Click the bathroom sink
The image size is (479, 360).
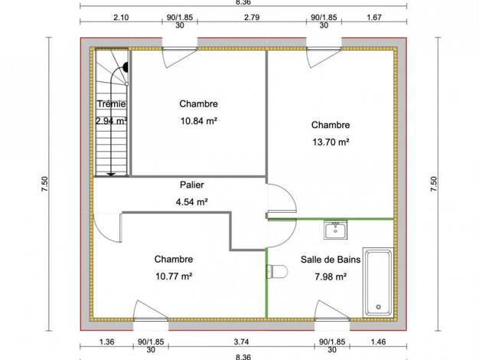[x=335, y=230]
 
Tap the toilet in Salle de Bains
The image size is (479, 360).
[x=278, y=271]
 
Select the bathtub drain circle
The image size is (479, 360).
[x=379, y=307]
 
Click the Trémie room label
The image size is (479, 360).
[x=111, y=104]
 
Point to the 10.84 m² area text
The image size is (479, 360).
[x=199, y=121]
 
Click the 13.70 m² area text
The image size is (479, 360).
[x=331, y=142]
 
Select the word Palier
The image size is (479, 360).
[x=192, y=185]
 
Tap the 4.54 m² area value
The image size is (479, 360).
[x=192, y=202]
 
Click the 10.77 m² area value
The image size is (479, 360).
[x=174, y=277]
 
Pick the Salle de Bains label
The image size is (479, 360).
[x=331, y=260]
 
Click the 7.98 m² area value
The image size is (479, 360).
[x=331, y=277]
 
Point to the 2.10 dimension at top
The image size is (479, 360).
[x=121, y=18]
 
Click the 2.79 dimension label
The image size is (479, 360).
[x=252, y=18]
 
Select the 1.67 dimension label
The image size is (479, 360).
[x=374, y=18]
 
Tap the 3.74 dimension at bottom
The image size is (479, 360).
[x=241, y=342]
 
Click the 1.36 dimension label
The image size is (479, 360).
[x=106, y=342]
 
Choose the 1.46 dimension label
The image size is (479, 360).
[x=379, y=342]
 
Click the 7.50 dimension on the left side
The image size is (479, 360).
[x=44, y=184]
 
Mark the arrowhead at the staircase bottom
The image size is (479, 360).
[x=111, y=175]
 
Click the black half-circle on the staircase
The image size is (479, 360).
[x=125, y=67]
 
